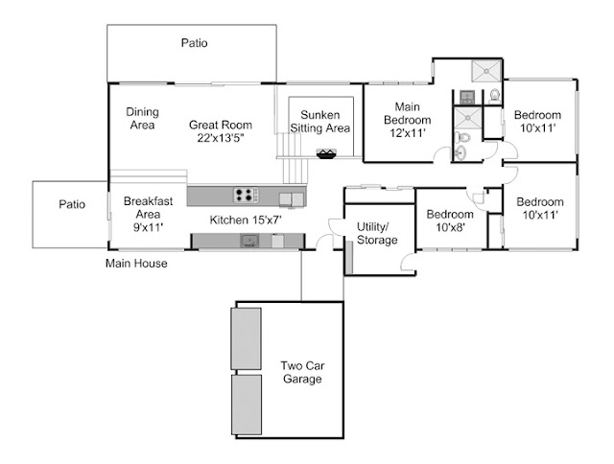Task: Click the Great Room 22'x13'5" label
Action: tap(221, 131)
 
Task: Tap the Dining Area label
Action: tap(143, 118)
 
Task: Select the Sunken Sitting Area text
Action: tap(320, 122)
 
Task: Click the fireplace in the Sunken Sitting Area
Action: tap(326, 153)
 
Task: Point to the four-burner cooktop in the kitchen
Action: tap(246, 195)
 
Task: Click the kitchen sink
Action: tap(249, 241)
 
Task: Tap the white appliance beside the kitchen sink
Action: tap(277, 241)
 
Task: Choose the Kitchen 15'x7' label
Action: tap(246, 220)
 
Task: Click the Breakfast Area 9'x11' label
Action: tap(148, 214)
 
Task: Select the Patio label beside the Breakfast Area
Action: tap(72, 204)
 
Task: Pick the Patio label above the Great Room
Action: tap(194, 42)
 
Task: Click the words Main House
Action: tap(136, 264)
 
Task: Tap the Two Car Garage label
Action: tap(302, 372)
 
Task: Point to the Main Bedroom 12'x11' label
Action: tap(408, 120)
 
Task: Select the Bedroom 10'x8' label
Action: tap(450, 220)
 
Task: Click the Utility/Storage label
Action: tap(377, 233)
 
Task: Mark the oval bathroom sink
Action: tap(460, 152)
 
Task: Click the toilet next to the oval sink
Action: tap(462, 137)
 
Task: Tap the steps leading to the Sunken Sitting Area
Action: tap(293, 158)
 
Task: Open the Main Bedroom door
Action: tap(440, 153)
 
